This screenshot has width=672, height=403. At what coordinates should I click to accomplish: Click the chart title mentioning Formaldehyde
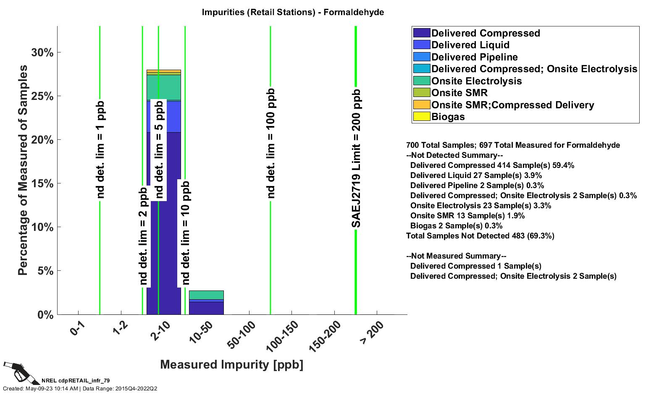293,12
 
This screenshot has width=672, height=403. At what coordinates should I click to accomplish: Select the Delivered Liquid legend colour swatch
421,45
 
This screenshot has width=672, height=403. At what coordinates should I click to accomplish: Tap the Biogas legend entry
448,117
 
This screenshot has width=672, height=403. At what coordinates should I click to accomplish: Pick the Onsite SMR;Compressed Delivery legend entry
512,105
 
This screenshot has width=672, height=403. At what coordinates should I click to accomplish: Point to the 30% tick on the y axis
42,52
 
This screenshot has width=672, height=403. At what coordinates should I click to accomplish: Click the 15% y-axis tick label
42,183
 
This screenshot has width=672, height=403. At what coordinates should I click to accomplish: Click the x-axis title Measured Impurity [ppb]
231,364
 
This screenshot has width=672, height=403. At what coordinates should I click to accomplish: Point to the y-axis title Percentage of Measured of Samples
23,170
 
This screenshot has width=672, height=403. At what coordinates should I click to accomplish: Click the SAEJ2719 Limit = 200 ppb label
356,159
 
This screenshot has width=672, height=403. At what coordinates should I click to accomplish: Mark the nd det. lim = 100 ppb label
271,143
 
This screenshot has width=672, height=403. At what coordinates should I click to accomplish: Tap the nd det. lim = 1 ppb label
100,149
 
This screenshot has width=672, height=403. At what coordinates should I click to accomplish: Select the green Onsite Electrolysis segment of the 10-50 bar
206,295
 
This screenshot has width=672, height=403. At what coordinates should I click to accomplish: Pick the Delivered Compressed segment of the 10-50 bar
206,308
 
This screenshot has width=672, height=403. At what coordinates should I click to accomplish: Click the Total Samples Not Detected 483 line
480,236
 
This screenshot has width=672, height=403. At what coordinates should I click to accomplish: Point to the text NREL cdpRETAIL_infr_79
76,381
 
